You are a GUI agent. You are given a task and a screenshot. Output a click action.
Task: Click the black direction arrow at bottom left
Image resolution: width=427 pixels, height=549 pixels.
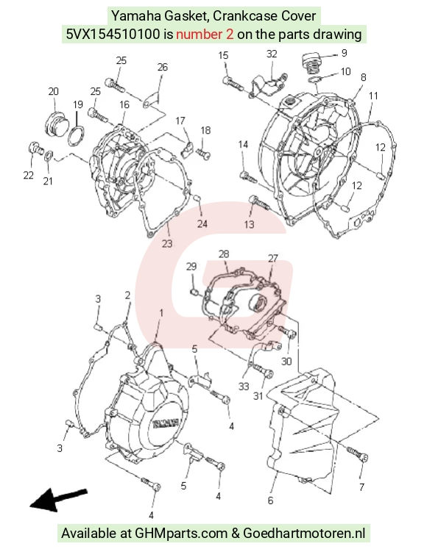point(58,499)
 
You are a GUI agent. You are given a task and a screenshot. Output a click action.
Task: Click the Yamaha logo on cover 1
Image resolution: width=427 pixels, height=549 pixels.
point(166,423)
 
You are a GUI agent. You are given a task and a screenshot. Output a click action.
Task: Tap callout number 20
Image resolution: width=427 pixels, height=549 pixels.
point(53,91)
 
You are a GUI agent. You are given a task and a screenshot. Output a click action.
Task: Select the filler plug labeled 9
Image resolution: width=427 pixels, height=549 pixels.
point(311,63)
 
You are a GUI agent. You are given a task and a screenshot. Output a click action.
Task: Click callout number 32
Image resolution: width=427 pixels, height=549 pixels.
point(272,54)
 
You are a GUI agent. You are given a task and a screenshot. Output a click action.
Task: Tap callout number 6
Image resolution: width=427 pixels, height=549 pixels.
point(270,500)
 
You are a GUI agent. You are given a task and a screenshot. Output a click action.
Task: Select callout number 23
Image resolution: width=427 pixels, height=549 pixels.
point(167,243)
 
